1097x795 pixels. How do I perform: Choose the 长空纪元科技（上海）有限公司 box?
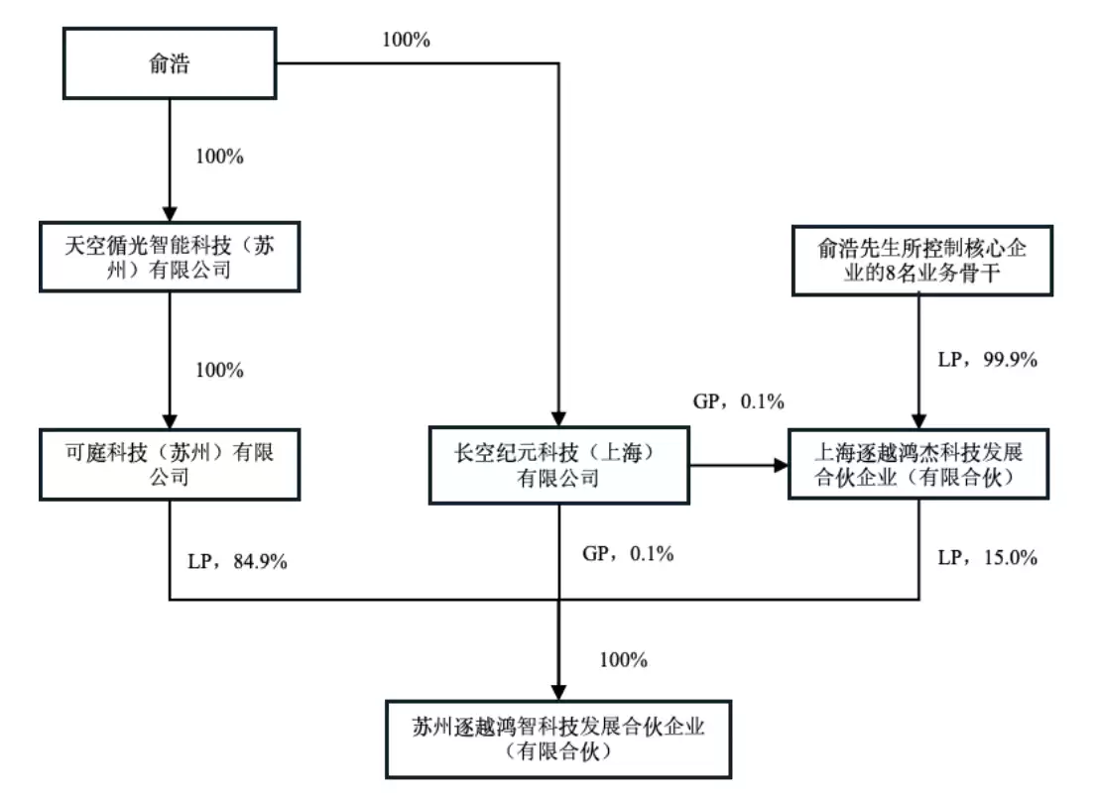558,464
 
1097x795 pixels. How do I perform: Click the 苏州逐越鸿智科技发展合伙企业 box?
558,738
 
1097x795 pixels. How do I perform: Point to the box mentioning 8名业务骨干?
919,261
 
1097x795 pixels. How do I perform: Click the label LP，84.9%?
237,562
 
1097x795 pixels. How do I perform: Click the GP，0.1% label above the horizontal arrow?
738,401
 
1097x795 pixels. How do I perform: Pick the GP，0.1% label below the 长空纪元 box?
627,554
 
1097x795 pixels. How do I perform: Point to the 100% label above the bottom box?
623,659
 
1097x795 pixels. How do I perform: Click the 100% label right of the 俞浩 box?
407,41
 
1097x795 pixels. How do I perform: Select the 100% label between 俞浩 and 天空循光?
220,157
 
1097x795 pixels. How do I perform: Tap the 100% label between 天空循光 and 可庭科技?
220,370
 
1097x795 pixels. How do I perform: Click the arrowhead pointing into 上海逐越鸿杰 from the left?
780,464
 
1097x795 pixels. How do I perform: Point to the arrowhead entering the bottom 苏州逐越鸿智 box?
558,690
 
